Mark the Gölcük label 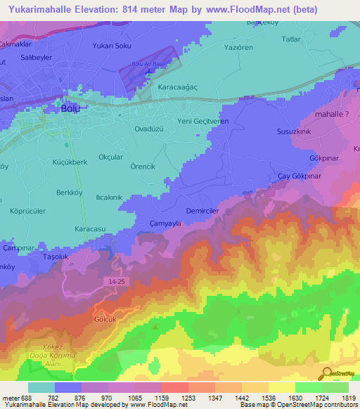(104, 318)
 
